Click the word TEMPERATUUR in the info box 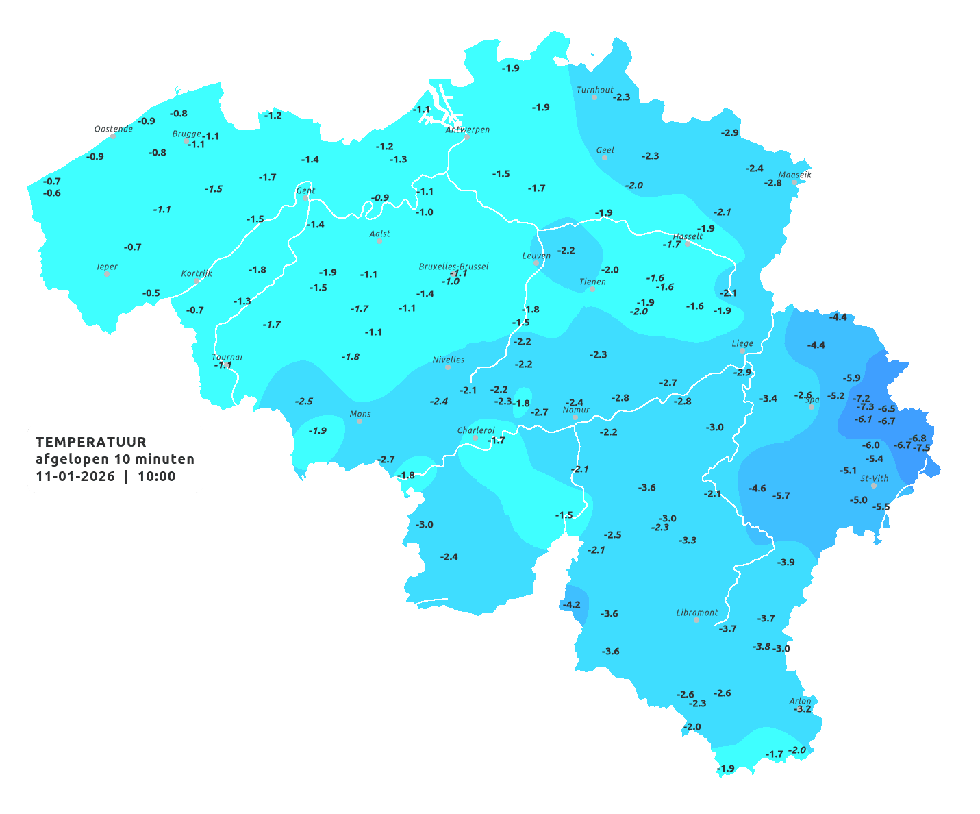coord(90,442)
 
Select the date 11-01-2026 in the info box coord(75,476)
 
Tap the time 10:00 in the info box coord(157,476)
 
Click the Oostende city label coord(113,129)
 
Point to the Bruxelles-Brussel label coord(453,266)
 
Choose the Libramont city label coord(696,613)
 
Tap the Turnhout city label coord(594,90)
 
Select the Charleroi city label coord(475,430)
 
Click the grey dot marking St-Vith coord(873,486)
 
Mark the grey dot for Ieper coord(106,273)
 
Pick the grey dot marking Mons coord(360,421)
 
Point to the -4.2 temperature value coord(571,604)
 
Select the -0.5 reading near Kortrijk coord(151,293)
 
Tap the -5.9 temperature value coord(852,378)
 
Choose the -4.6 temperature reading coord(757,489)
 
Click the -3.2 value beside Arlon coord(802,709)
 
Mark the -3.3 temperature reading coord(688,541)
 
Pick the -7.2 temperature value coord(862,398)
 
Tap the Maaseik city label coord(794,175)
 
